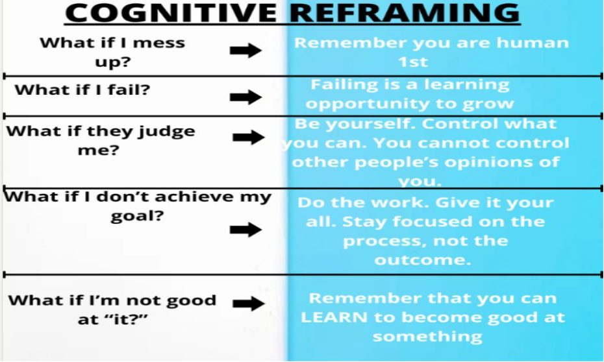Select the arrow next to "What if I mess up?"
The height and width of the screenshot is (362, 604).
pyautogui.click(x=245, y=51)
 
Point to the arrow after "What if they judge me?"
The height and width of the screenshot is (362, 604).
pyautogui.click(x=248, y=137)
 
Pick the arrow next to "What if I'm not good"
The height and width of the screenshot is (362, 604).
pyautogui.click(x=248, y=302)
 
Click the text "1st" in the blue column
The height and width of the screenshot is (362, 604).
pyautogui.click(x=414, y=63)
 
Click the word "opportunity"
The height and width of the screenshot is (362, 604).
pyautogui.click(x=364, y=104)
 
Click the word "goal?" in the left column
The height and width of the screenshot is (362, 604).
pyautogui.click(x=137, y=216)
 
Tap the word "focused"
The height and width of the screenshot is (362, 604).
pyautogui.click(x=436, y=221)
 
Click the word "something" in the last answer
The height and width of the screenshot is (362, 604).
pyautogui.click(x=427, y=337)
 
